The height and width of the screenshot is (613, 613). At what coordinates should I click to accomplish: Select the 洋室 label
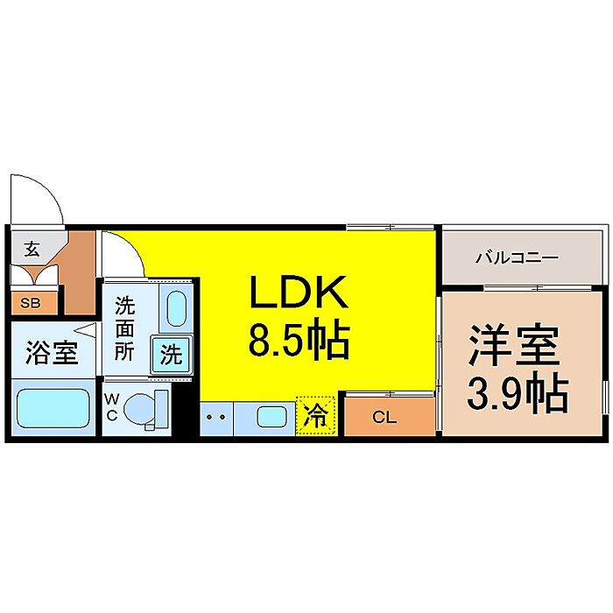click(514, 346)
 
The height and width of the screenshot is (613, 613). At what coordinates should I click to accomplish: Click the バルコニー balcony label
click(517, 258)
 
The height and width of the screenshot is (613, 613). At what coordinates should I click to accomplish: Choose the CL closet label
click(384, 418)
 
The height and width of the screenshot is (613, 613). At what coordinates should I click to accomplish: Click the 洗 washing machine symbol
click(172, 356)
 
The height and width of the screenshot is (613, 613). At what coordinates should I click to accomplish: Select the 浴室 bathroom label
click(51, 355)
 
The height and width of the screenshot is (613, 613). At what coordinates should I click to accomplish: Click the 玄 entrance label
click(32, 249)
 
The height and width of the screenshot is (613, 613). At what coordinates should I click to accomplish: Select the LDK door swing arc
click(122, 252)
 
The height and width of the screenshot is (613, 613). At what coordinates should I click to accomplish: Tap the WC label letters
click(112, 407)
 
